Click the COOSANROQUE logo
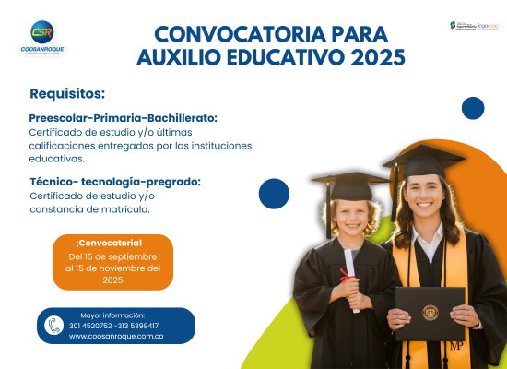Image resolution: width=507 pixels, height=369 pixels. (x=41, y=38)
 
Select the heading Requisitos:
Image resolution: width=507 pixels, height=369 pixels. (x=67, y=94)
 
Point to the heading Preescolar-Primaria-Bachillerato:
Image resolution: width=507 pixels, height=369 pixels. (x=124, y=118)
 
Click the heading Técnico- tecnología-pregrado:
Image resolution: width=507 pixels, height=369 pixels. (x=115, y=181)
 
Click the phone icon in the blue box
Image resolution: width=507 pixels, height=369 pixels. (x=54, y=326)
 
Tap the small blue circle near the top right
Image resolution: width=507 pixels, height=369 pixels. (x=473, y=108)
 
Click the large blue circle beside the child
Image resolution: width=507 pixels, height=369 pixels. (x=274, y=194)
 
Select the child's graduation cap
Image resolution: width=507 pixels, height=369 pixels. (x=350, y=184)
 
